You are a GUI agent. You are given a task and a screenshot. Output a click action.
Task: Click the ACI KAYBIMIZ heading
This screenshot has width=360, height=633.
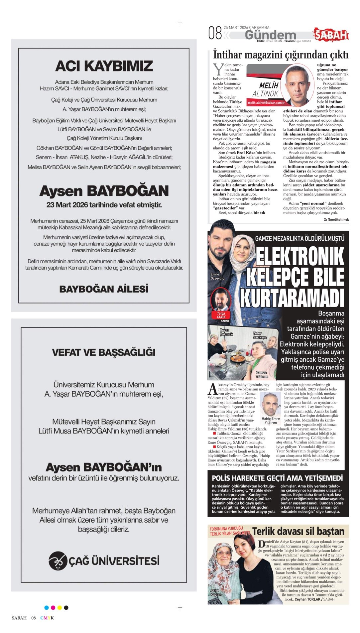[104, 66]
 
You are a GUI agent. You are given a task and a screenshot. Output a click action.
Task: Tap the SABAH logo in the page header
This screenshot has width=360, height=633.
[331, 35]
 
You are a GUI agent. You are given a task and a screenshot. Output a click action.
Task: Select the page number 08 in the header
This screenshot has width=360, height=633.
[215, 33]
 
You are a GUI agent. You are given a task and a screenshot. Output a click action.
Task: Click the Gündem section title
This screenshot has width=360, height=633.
[270, 35]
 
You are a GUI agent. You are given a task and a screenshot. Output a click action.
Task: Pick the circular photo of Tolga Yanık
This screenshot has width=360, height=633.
[221, 299]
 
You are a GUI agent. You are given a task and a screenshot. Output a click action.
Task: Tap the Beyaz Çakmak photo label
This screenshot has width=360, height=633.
[226, 332]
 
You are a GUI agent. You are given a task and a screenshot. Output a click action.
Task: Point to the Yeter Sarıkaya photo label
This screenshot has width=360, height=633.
[260, 335]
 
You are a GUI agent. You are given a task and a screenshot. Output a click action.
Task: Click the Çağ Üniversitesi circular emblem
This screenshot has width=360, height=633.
[58, 561]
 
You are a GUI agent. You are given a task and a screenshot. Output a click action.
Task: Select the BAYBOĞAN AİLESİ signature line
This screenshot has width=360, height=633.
[104, 289]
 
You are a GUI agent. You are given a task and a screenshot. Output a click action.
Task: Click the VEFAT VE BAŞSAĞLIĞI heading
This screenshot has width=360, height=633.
[104, 352]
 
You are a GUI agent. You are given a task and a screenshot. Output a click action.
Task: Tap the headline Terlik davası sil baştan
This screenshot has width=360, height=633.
[298, 532]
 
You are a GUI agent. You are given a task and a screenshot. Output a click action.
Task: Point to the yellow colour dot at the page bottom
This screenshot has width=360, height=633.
[60, 608]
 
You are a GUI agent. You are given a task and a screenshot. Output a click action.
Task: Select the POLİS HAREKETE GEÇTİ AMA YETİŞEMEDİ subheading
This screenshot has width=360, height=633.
[277, 478]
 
